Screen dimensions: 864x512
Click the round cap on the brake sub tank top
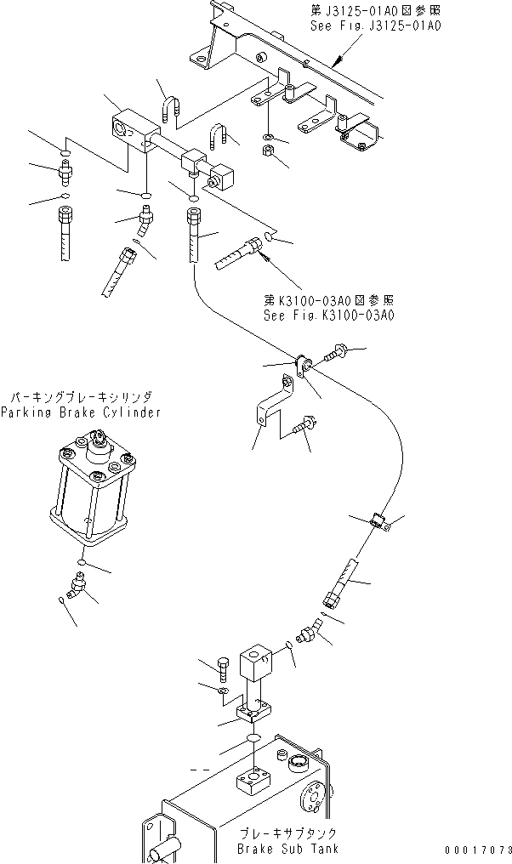click(297, 761)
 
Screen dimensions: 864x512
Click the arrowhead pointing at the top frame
click(338, 62)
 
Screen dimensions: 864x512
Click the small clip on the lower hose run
click(380, 521)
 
